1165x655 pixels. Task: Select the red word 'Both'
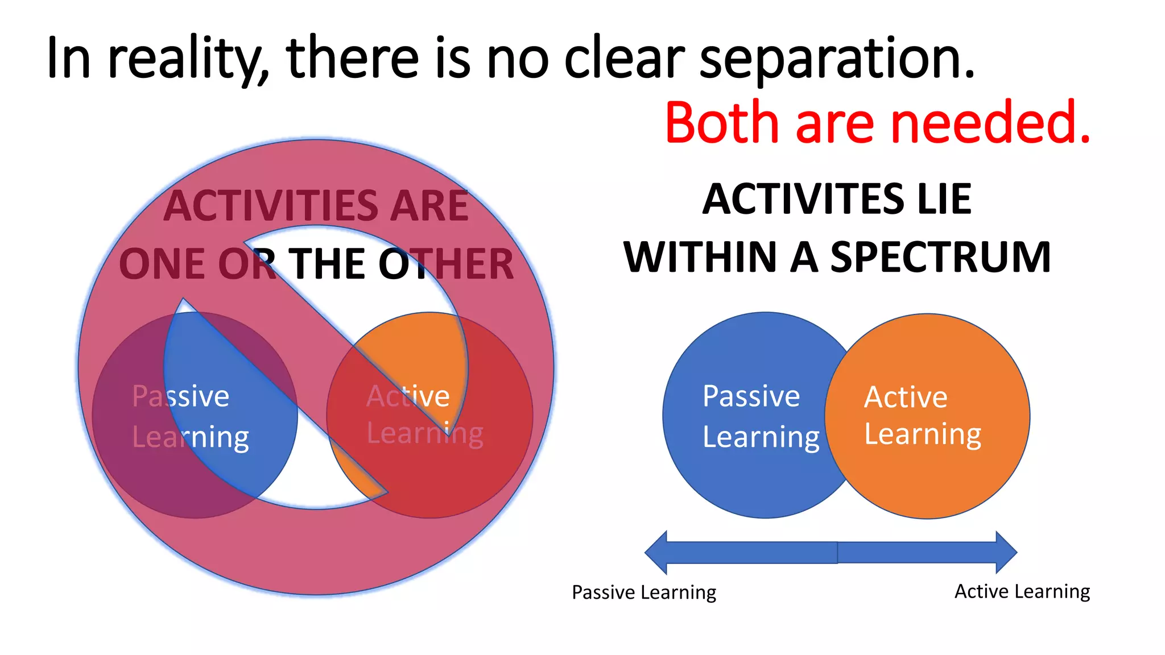[721, 122]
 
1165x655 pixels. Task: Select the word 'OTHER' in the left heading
[446, 264]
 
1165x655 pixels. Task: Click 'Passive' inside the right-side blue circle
[751, 396]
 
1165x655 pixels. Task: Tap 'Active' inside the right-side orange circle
[906, 397]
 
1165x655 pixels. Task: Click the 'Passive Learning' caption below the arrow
[644, 592]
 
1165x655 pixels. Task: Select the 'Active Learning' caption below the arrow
[1022, 591]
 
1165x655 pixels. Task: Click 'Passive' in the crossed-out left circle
[180, 396]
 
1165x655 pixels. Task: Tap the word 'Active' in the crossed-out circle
[408, 396]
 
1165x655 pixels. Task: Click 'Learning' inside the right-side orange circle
[923, 435]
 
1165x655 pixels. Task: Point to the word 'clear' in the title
[624, 58]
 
